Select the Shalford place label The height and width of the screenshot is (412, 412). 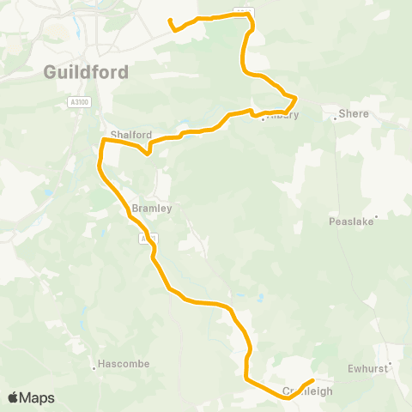(130, 134)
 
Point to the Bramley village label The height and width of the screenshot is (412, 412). (153, 208)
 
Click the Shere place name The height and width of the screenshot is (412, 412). (354, 113)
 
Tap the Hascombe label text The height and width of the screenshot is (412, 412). (122, 364)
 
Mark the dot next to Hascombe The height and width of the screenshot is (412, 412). (94, 369)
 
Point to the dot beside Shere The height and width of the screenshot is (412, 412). (335, 118)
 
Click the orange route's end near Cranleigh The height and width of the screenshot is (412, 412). (312, 380)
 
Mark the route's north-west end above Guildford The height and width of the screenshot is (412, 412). (170, 20)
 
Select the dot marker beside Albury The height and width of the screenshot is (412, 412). (263, 119)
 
